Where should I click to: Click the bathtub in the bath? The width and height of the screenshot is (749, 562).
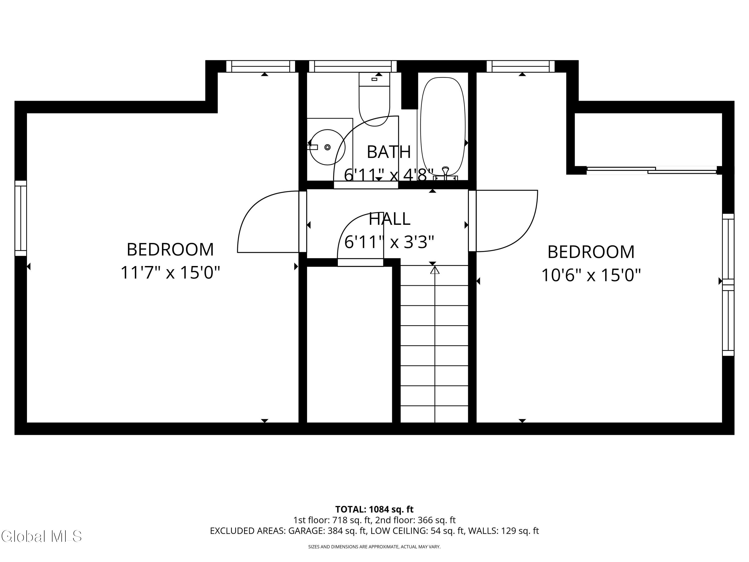click(x=443, y=126)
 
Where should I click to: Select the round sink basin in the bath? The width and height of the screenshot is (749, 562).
click(x=327, y=147)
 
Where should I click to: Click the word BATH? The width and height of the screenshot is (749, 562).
click(x=389, y=152)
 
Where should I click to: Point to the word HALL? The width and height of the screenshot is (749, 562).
click(x=389, y=219)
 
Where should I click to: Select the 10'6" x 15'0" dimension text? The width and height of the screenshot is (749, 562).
click(x=591, y=275)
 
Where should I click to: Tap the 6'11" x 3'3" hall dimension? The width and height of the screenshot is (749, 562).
click(x=389, y=242)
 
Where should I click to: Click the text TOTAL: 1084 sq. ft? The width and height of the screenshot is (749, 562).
click(x=374, y=509)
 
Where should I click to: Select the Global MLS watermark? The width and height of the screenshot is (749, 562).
click(x=41, y=536)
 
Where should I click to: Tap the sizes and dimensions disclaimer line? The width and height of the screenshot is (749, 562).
click(x=374, y=547)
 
